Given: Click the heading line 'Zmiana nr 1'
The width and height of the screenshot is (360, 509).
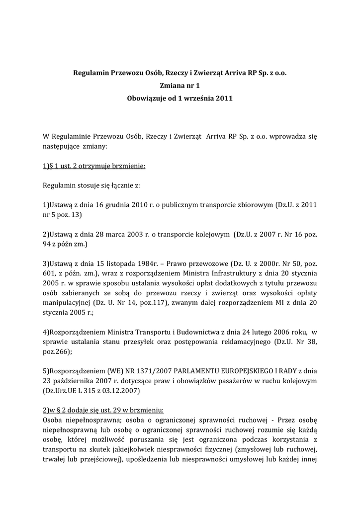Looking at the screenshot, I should [x=180, y=85].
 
